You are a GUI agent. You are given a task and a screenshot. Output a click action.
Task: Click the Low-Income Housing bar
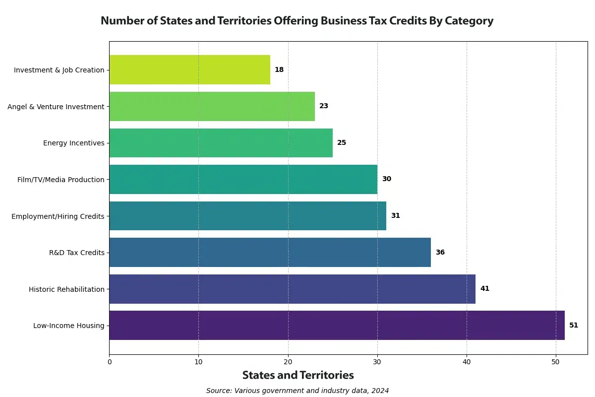tap(337, 326)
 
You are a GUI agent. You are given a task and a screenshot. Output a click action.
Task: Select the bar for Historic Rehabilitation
tap(292, 289)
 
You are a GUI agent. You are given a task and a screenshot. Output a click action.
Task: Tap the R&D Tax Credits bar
tap(270, 252)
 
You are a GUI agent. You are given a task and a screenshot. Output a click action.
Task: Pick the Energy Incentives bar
tap(221, 143)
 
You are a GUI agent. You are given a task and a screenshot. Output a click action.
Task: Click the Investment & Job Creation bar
tap(189, 69)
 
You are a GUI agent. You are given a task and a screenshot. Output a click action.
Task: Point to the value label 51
tap(574, 326)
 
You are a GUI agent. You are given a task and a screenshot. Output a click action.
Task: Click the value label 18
tap(279, 69)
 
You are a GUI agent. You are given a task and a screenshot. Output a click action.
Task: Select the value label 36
tap(440, 252)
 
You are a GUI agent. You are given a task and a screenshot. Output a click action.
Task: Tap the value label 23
tap(324, 106)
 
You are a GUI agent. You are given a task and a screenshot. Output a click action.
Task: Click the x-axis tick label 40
tap(467, 362)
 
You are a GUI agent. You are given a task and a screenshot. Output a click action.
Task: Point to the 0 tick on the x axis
tap(109, 362)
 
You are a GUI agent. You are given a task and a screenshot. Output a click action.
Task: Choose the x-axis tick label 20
tap(288, 362)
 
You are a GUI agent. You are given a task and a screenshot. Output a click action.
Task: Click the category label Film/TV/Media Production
tap(61, 180)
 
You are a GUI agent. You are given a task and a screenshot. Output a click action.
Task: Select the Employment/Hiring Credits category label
tap(58, 216)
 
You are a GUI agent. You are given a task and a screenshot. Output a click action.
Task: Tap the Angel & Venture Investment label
tap(56, 106)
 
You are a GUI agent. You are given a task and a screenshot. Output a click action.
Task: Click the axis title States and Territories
tap(298, 375)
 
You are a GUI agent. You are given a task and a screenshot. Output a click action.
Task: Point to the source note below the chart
tap(297, 391)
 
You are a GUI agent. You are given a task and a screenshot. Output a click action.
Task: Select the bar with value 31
tap(247, 216)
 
